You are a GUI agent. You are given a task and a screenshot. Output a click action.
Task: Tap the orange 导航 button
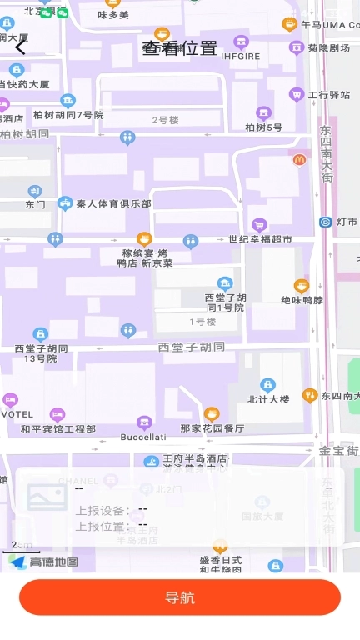click(180, 597)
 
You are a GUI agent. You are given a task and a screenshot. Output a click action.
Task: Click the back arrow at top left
click(21, 47)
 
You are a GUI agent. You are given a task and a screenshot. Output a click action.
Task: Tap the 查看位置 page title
click(179, 48)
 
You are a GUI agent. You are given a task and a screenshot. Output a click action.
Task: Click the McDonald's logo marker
click(299, 159)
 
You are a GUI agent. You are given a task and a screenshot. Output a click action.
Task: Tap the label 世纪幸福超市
click(261, 239)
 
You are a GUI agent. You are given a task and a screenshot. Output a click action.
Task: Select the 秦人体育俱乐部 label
click(113, 203)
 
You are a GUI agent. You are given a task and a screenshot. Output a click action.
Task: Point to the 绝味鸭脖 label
click(302, 300)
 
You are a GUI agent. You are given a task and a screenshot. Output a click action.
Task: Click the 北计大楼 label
click(267, 399)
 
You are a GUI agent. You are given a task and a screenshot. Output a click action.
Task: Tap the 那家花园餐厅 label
click(212, 428)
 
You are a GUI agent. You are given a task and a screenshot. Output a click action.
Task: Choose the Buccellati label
click(143, 437)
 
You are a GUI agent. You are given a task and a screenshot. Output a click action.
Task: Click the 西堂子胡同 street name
click(192, 346)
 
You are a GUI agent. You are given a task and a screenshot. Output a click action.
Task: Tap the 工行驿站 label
click(329, 95)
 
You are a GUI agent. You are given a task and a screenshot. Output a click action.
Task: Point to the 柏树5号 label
click(263, 127)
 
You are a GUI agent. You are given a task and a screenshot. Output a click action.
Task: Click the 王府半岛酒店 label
click(194, 458)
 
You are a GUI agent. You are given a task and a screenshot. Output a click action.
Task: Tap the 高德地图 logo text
click(53, 562)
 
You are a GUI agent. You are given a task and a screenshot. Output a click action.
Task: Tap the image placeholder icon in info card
click(47, 497)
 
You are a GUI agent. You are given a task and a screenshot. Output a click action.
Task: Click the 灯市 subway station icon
click(325, 222)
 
